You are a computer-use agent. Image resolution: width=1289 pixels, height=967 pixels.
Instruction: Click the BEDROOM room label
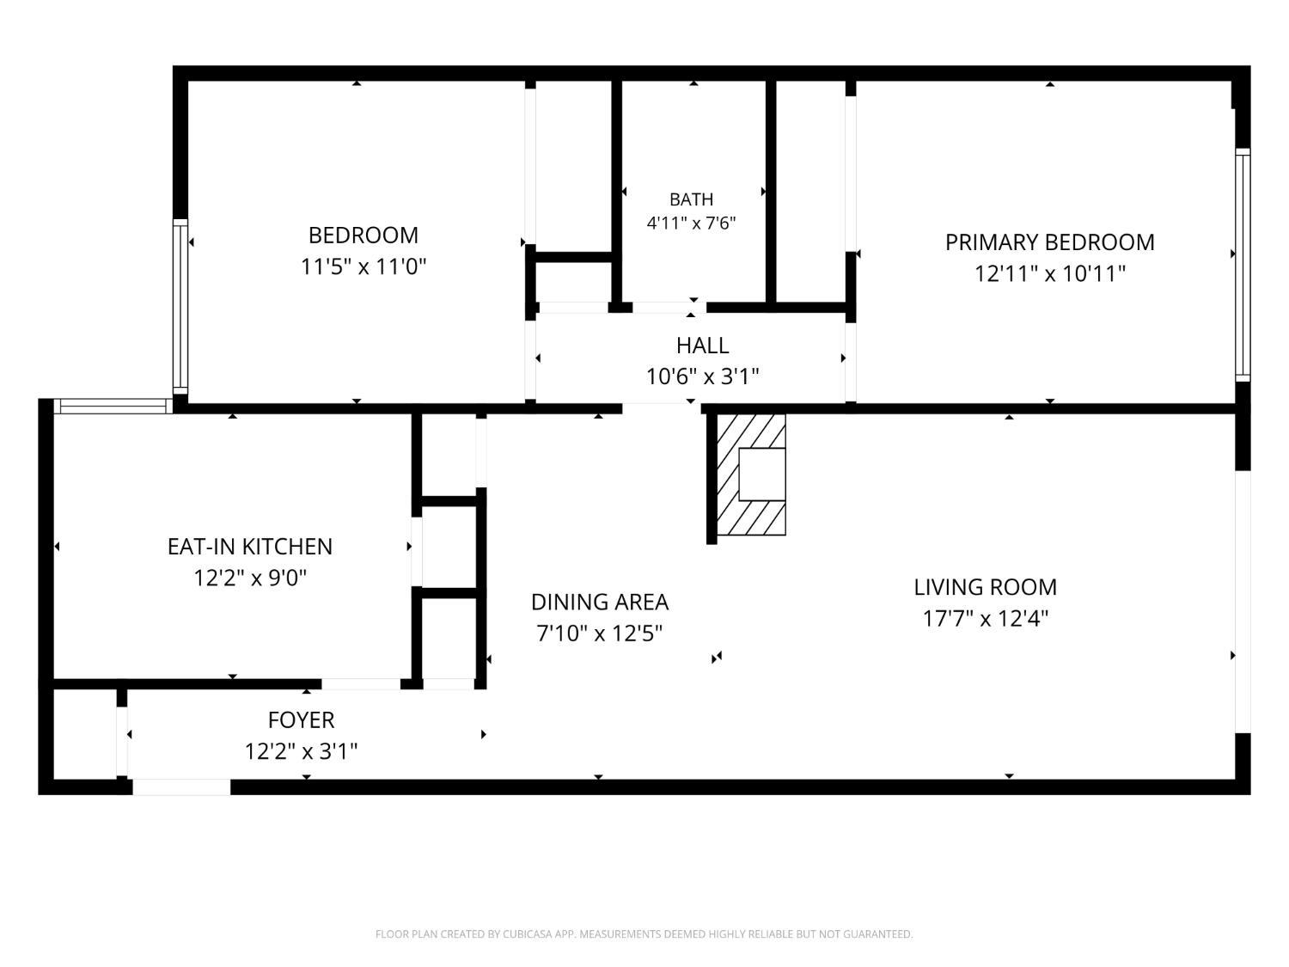click(363, 236)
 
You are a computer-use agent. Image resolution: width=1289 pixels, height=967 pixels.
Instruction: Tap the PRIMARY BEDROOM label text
click(1049, 242)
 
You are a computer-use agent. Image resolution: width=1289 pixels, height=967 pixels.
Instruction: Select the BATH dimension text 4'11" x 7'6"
click(691, 223)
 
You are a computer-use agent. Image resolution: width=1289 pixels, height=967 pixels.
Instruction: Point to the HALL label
click(702, 346)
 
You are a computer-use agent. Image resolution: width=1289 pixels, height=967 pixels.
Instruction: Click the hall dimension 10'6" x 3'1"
click(702, 376)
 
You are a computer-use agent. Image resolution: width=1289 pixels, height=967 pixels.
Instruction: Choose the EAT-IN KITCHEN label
click(250, 547)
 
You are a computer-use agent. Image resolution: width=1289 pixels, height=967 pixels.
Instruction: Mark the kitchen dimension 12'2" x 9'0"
click(250, 578)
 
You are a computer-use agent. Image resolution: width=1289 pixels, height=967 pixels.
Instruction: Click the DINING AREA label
click(600, 602)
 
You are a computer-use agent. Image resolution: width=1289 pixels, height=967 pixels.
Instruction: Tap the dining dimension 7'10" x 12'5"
click(600, 633)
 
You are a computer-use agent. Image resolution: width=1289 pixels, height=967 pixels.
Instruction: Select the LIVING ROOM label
click(985, 587)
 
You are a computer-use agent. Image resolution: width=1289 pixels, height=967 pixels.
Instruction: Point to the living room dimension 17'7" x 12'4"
click(985, 618)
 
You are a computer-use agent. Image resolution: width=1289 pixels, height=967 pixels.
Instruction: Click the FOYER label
click(302, 719)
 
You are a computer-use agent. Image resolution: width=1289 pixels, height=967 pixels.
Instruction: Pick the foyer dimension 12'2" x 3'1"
click(302, 751)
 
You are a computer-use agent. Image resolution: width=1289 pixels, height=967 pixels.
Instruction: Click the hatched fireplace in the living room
click(751, 474)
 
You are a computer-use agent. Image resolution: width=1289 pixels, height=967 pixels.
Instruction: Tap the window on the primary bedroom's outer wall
click(1243, 265)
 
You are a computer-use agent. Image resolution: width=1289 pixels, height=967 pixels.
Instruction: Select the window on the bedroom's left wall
click(180, 307)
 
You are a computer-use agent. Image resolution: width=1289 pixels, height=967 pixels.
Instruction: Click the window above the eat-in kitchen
click(113, 407)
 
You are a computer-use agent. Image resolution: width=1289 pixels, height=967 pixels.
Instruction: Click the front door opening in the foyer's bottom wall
click(181, 786)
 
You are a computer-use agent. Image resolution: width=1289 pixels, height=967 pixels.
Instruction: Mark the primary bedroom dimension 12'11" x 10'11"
click(1049, 273)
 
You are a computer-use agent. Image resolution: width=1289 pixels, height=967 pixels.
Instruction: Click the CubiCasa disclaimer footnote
click(644, 934)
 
